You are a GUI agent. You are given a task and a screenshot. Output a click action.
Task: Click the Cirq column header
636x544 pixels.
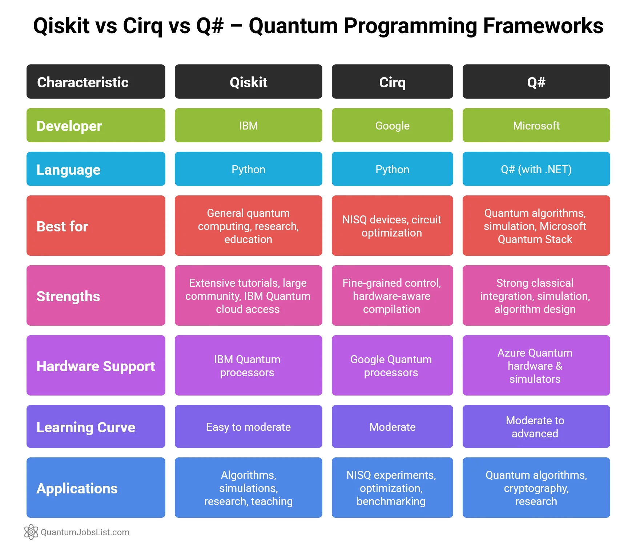tap(392, 82)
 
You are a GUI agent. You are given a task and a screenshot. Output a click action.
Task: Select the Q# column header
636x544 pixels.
tap(536, 82)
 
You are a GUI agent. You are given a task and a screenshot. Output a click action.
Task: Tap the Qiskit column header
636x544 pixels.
tap(248, 82)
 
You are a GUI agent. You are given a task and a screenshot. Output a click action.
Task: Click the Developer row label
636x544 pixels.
tap(96, 126)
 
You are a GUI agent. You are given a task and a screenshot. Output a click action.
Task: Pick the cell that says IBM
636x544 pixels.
tap(248, 126)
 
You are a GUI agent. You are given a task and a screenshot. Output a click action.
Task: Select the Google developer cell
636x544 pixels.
tap(392, 126)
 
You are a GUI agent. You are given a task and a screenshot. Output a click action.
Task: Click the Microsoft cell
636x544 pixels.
tap(536, 126)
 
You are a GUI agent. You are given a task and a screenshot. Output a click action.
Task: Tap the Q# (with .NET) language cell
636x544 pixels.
tap(536, 169)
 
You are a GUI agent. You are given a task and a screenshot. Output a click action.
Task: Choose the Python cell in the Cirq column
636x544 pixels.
tap(392, 169)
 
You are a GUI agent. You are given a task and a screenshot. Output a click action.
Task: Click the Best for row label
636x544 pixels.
tap(96, 226)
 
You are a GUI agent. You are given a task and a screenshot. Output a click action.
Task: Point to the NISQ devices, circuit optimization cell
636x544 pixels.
tap(392, 226)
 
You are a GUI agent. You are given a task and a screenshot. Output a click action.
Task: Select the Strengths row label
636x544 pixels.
tap(96, 296)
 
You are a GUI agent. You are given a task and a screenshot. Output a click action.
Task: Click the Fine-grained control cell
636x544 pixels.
tap(392, 296)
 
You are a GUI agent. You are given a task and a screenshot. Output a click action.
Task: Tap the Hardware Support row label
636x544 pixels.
tap(96, 366)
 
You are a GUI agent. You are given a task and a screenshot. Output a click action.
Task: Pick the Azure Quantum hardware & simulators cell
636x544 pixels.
tap(536, 366)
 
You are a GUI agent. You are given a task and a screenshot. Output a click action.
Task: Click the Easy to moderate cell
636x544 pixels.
tap(248, 427)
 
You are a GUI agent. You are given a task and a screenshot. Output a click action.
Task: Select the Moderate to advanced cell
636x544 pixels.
tap(536, 427)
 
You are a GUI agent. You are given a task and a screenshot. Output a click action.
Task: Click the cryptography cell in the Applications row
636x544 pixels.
tap(536, 488)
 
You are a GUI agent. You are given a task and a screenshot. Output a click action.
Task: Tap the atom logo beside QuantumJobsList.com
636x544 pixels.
tap(31, 532)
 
